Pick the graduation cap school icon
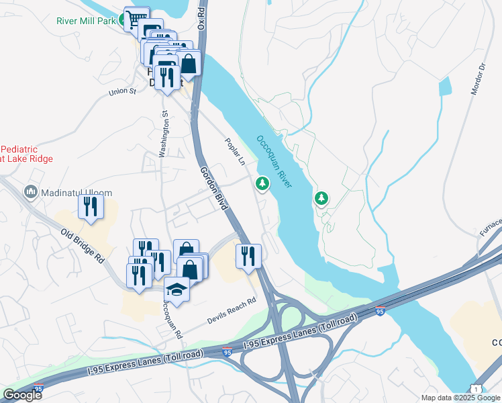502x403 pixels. click(177, 288)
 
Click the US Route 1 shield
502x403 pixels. click(476, 389)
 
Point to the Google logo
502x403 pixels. click(22, 395)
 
